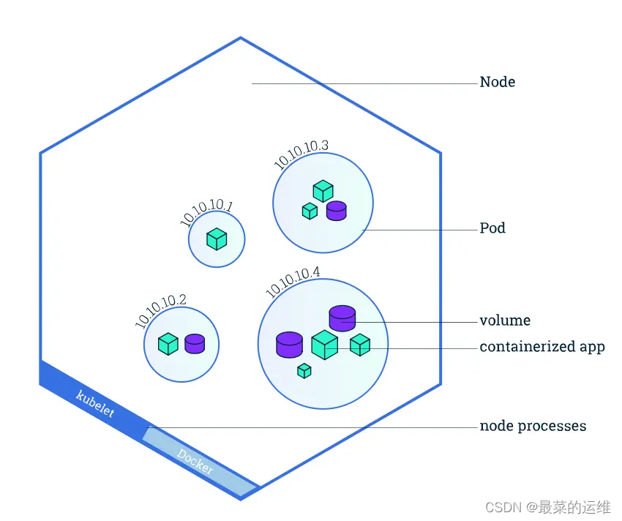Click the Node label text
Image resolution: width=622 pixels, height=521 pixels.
(497, 82)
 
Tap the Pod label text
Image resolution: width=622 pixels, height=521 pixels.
(492, 228)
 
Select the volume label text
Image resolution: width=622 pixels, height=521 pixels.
(505, 321)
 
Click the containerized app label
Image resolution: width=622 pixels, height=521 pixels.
(542, 347)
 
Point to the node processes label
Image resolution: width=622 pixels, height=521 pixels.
(532, 426)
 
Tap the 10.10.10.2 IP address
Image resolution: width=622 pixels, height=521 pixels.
(160, 311)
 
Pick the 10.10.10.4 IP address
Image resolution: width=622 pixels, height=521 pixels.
(292, 282)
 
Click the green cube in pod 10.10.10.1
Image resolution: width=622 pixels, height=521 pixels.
(216, 239)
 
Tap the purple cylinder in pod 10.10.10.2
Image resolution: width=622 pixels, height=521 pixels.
(194, 344)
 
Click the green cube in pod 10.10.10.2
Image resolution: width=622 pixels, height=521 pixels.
(168, 344)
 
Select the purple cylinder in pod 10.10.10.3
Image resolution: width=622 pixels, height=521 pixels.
(336, 211)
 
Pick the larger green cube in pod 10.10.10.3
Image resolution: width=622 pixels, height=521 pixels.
(323, 192)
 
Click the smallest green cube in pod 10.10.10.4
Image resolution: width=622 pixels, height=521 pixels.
(304, 371)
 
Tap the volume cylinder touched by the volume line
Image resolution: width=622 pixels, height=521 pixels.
(342, 318)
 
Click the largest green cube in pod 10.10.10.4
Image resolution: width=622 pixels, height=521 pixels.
(324, 345)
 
